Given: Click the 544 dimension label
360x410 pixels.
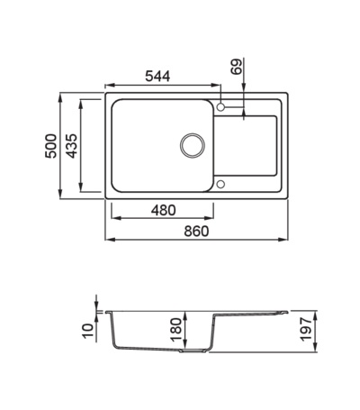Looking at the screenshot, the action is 157,77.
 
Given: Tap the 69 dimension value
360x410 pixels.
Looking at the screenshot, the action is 237,67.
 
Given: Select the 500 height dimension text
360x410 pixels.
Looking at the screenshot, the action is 50,146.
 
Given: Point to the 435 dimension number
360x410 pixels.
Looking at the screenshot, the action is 72,146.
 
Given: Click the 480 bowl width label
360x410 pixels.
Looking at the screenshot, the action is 163,210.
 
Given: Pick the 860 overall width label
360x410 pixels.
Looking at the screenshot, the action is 196,232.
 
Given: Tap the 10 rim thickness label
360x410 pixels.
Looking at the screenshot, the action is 88,331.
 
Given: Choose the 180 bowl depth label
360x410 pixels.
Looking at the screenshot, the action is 176,330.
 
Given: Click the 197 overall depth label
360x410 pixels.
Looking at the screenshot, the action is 306,329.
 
